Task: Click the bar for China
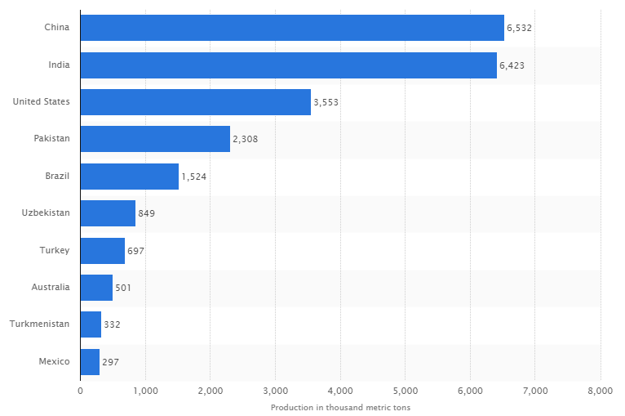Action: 292,28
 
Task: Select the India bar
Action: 288,65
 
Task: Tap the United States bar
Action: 195,102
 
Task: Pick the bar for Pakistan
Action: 155,139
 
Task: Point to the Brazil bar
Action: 129,177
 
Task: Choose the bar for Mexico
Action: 90,361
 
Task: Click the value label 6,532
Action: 520,29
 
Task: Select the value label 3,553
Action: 326,103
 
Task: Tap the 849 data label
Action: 147,214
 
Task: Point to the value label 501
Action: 123,288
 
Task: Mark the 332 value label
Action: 113,324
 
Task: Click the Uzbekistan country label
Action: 46,213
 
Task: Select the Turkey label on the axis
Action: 55,250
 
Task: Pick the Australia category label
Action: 51,287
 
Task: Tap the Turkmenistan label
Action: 39,324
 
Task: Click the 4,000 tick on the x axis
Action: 340,391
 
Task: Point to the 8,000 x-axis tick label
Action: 600,391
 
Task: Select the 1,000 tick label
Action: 145,391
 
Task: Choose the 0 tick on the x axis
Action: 80,391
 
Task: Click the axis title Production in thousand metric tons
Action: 340,407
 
